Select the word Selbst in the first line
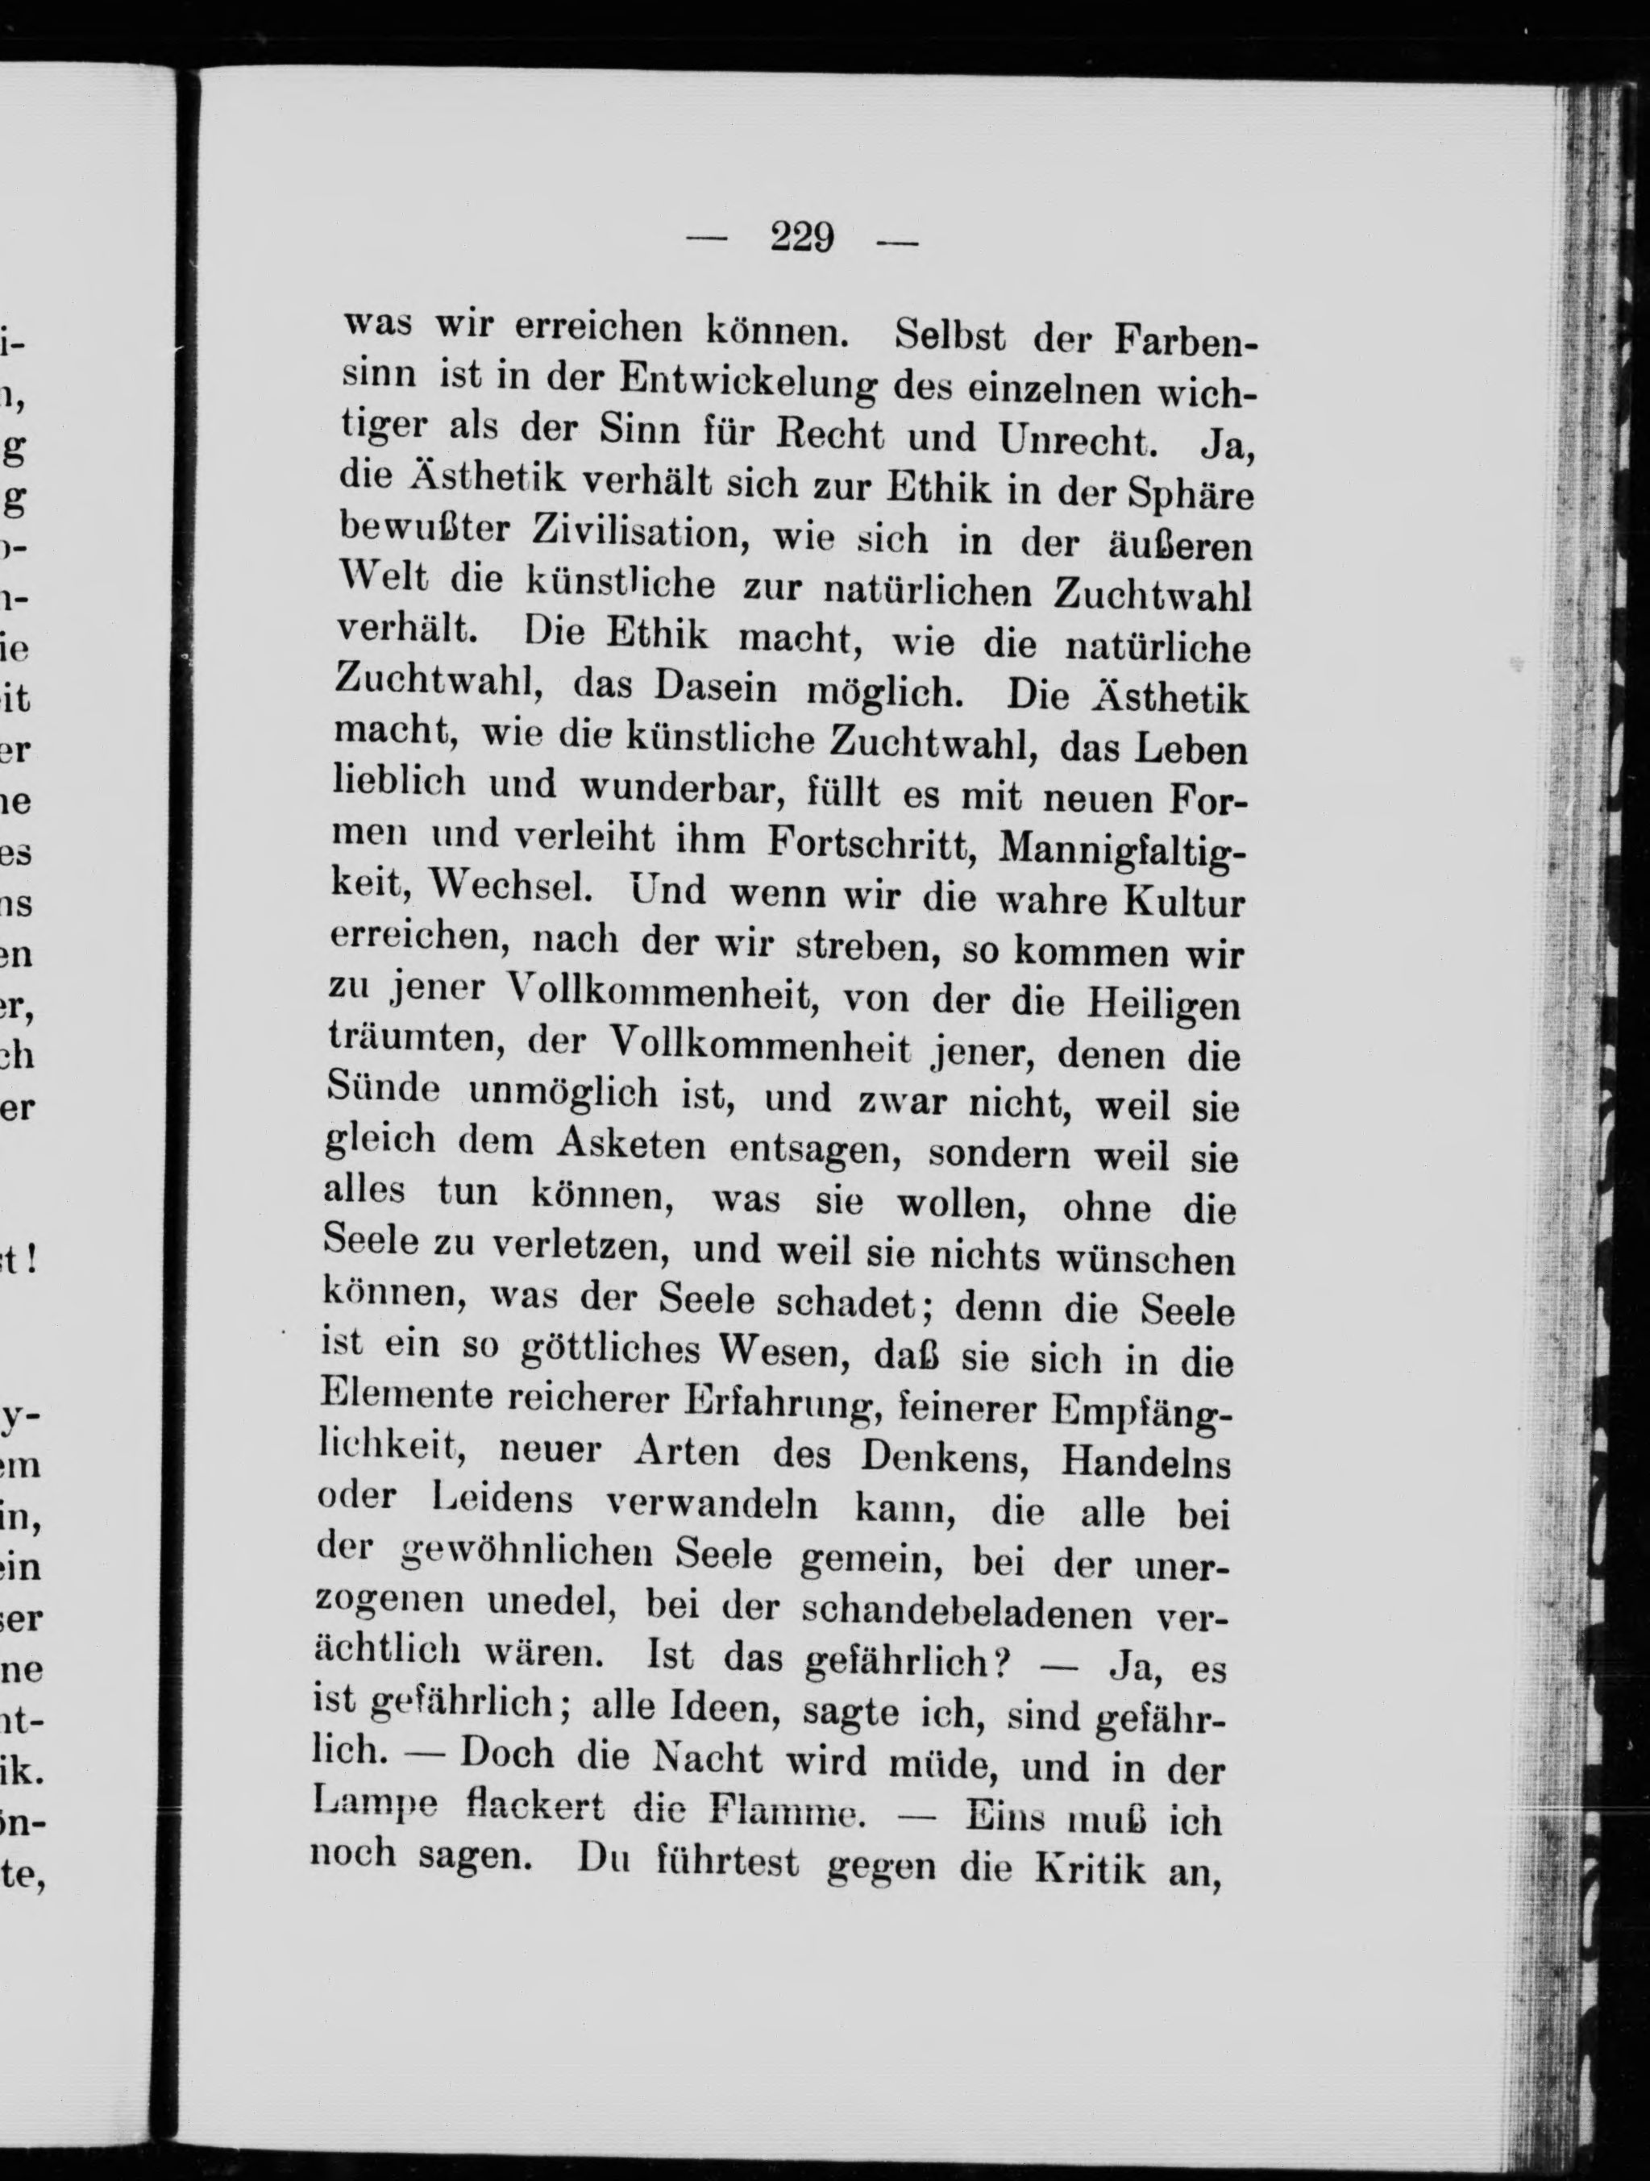pos(950,336)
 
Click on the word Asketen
pos(631,1145)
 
